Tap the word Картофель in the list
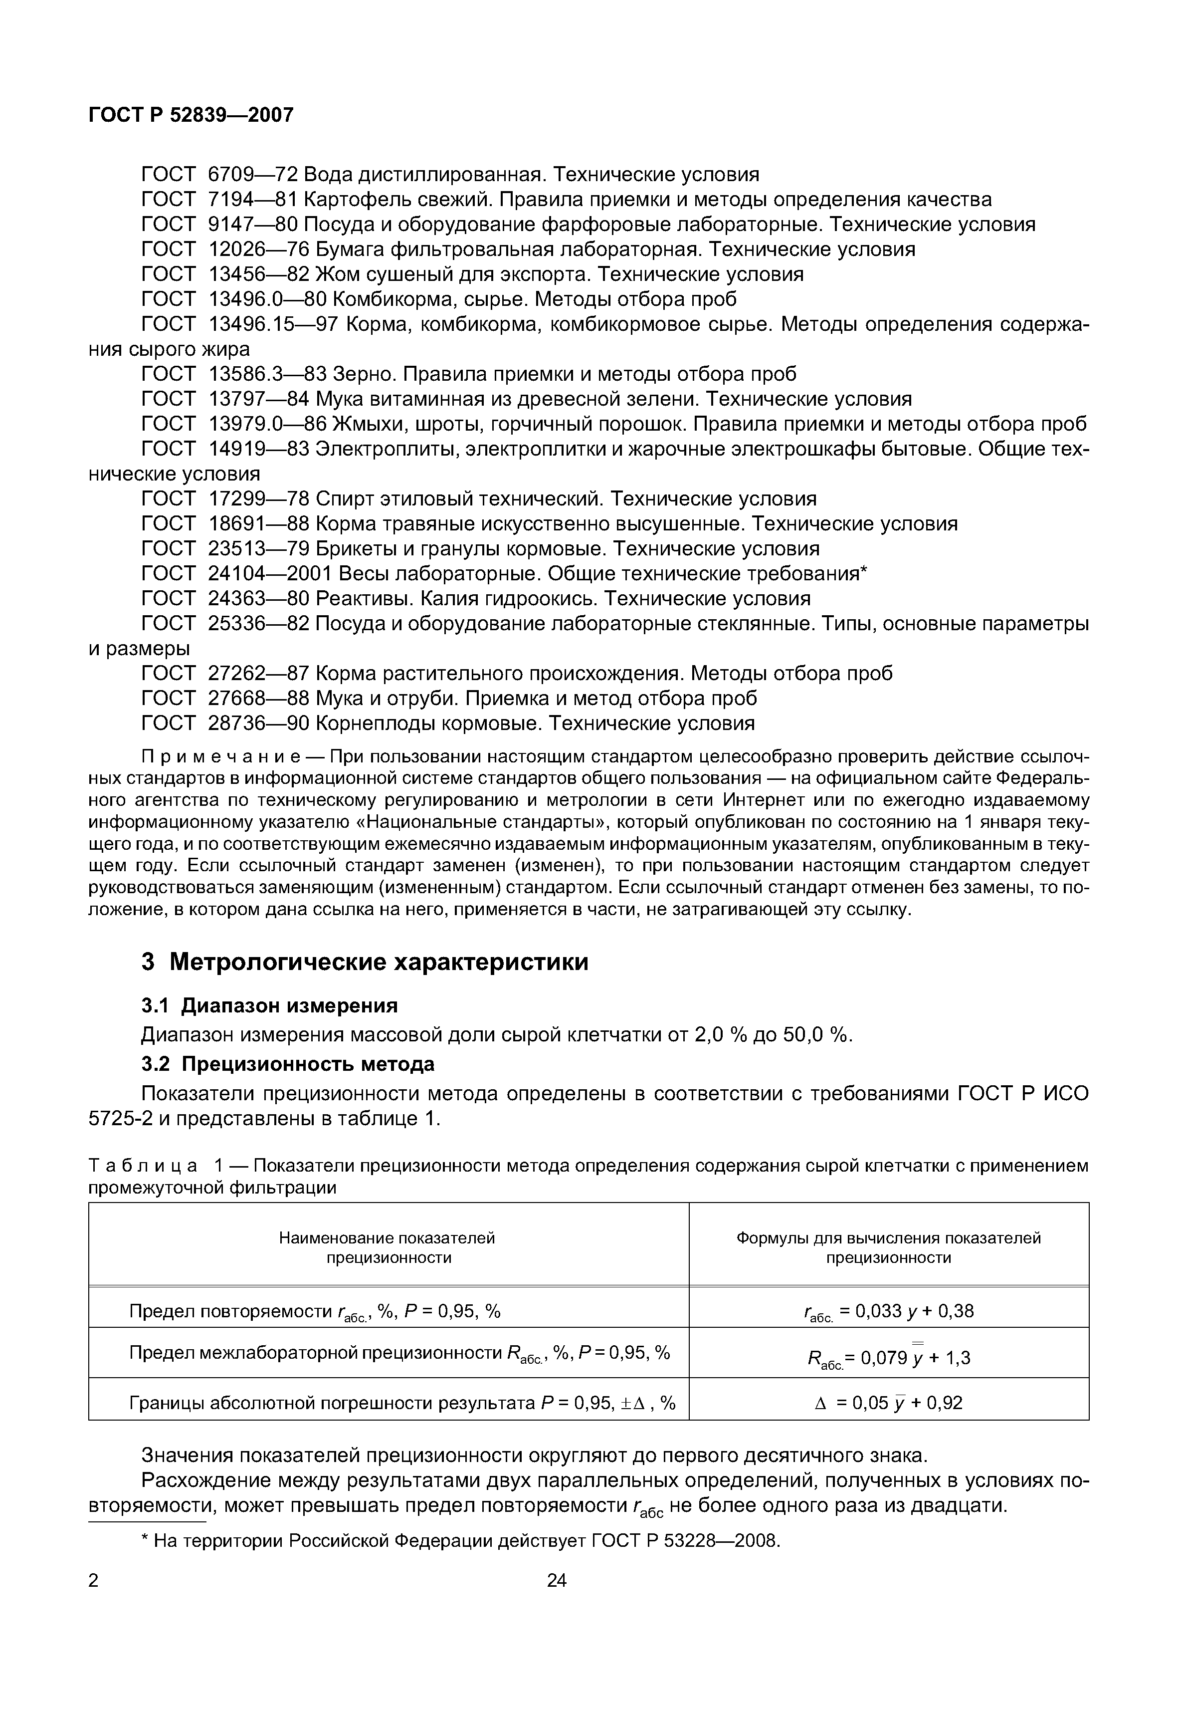pos(360,200)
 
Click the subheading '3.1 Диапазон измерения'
pos(269,1006)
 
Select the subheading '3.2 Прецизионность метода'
pos(288,1065)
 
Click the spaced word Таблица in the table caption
pos(143,1166)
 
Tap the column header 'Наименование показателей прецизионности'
pos(388,1248)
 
